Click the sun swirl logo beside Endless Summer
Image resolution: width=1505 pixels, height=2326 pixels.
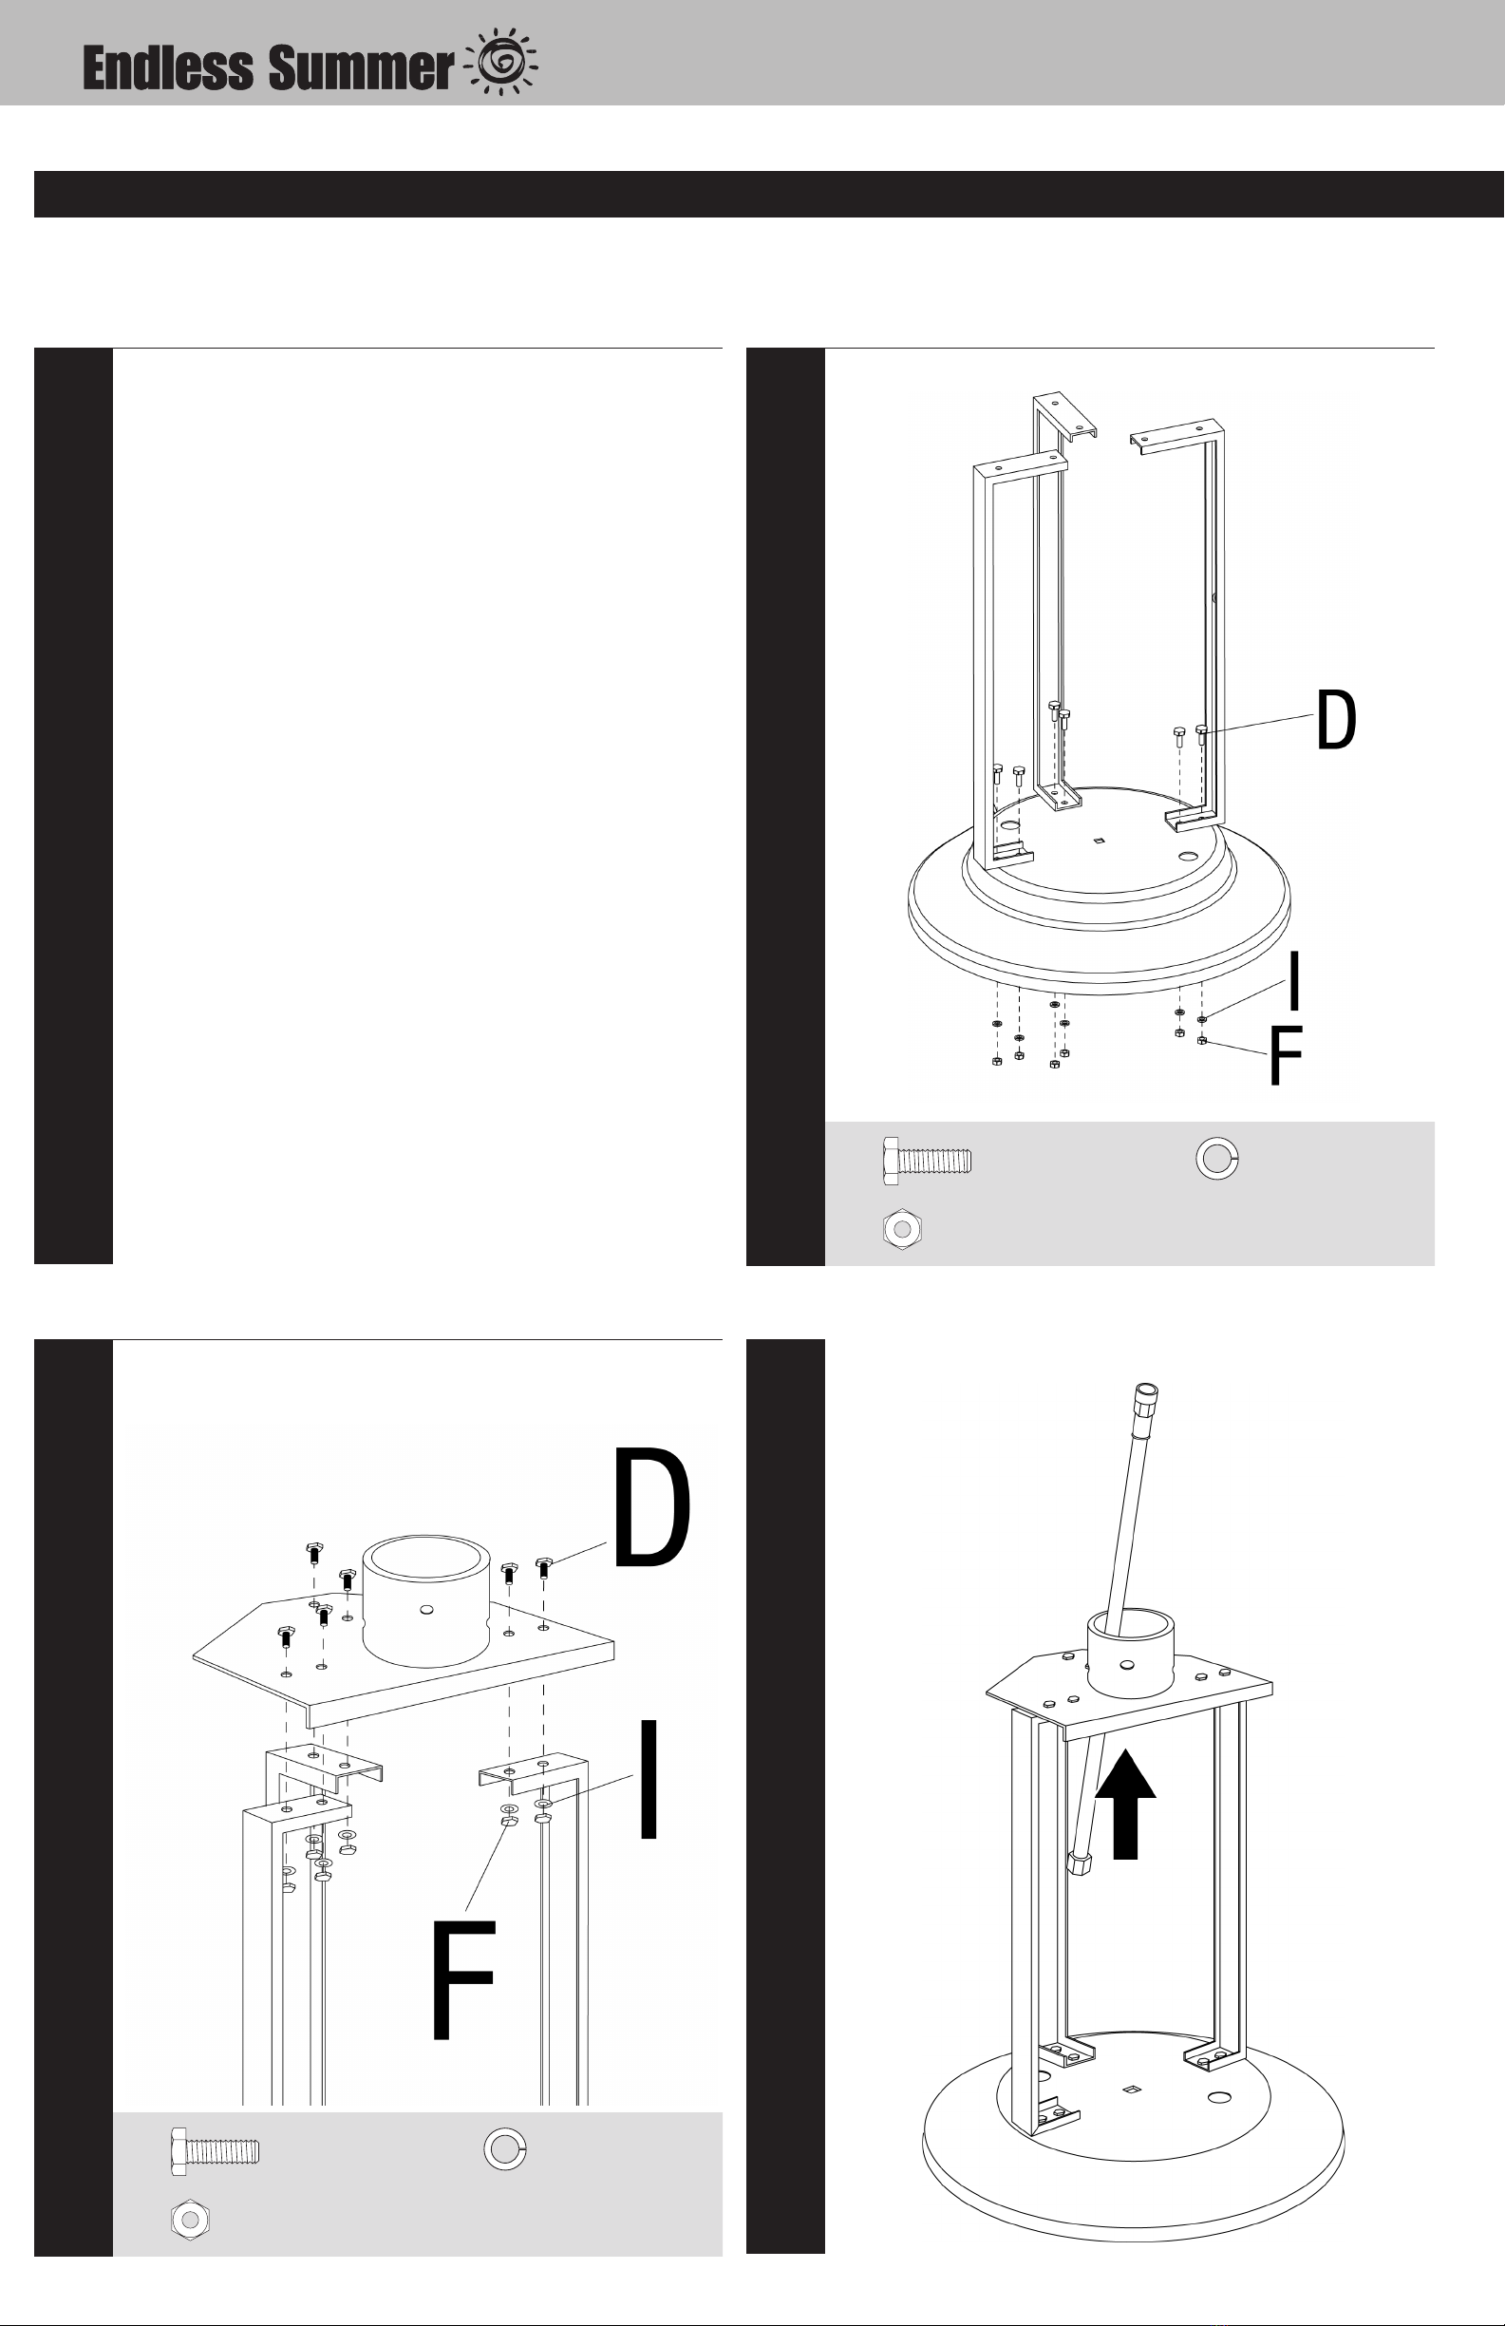pos(504,64)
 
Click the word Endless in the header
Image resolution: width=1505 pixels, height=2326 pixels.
pos(168,68)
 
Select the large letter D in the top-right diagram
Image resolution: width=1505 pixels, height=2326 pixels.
pos(1336,719)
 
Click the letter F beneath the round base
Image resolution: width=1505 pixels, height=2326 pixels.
pos(1285,1055)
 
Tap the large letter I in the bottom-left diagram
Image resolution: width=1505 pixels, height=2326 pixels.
pos(648,1779)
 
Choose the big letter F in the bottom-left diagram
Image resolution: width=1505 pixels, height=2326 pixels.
pos(464,1979)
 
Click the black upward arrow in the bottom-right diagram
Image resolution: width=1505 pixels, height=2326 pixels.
pos(1126,1803)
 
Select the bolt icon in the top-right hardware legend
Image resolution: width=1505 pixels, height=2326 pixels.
pos(927,1161)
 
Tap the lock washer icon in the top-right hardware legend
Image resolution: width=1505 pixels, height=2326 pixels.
pos(1217,1158)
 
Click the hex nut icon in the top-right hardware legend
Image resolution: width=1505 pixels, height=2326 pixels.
pos(903,1227)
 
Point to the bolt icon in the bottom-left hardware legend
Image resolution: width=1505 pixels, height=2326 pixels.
pos(215,2150)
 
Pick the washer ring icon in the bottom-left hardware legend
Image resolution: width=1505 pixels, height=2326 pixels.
pos(505,2148)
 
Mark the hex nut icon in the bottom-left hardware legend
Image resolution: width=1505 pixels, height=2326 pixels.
pos(191,2219)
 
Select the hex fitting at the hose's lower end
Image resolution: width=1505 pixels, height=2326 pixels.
pos(1080,1862)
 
